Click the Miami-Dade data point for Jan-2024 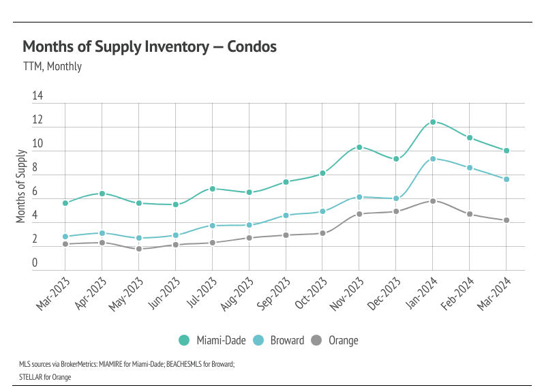coord(432,122)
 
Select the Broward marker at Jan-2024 coord(432,159)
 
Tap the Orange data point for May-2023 coord(138,249)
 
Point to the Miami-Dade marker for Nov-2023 coord(359,147)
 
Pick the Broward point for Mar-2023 coord(65,237)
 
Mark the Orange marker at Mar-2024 coord(506,220)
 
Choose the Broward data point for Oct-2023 coord(322,211)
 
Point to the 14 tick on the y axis coord(37,97)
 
